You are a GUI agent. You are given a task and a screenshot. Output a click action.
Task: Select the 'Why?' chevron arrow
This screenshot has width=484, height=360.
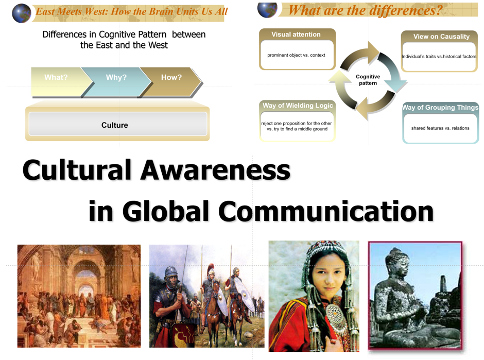pyautogui.click(x=116, y=81)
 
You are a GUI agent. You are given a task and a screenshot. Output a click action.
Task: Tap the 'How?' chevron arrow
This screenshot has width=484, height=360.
pyautogui.click(x=171, y=81)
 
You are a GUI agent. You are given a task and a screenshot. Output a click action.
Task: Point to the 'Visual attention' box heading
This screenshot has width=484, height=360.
pyautogui.click(x=296, y=35)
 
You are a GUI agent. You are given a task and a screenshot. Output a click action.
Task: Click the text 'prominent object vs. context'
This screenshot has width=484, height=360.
pyautogui.click(x=296, y=55)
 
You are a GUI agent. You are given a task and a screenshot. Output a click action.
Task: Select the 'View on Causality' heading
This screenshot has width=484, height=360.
pyautogui.click(x=441, y=37)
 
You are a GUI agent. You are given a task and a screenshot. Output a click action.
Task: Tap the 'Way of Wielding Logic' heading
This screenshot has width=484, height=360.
pyautogui.click(x=298, y=105)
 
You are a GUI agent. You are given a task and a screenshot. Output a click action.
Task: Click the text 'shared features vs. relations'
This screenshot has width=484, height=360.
pyautogui.click(x=440, y=128)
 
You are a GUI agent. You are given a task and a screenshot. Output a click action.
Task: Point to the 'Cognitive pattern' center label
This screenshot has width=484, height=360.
pyautogui.click(x=368, y=80)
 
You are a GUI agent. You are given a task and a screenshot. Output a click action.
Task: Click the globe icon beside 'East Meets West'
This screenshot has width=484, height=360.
pyautogui.click(x=21, y=13)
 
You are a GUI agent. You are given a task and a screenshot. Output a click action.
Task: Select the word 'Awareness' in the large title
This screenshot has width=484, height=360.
pyautogui.click(x=215, y=170)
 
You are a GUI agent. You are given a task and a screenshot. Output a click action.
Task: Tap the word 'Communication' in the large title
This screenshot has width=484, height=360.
pyautogui.click(x=326, y=211)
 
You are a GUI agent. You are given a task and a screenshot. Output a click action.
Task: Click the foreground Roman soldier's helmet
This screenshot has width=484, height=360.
pyautogui.click(x=171, y=273)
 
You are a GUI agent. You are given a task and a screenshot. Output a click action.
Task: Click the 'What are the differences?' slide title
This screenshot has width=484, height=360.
pyautogui.click(x=366, y=10)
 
